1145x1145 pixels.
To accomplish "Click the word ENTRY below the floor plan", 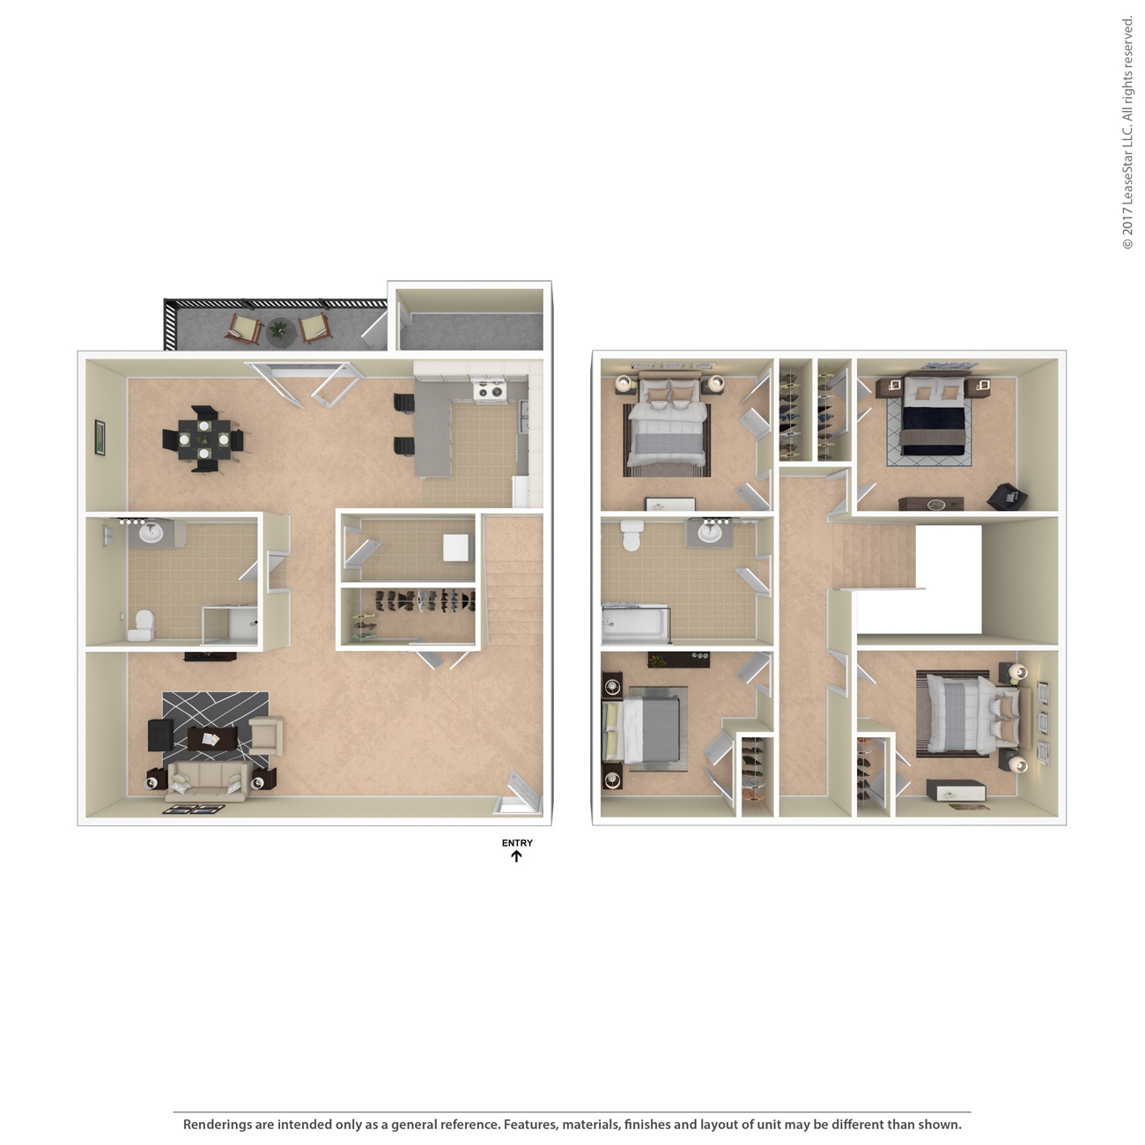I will click(x=517, y=843).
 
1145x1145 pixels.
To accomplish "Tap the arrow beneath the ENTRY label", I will click(x=517, y=855).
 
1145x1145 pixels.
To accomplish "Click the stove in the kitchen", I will click(x=488, y=389).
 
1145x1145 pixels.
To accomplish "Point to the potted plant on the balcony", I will click(x=278, y=329).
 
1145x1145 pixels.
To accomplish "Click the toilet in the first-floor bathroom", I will click(x=141, y=625).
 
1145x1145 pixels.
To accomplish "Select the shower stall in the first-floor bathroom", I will click(x=231, y=625).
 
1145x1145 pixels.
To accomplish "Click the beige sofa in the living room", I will click(x=206, y=779).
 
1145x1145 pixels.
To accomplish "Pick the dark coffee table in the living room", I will click(x=212, y=740).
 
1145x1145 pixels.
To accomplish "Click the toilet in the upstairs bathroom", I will click(x=632, y=535).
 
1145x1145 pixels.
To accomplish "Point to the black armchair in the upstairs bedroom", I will click(x=1004, y=497).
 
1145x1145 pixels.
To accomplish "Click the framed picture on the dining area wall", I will click(x=100, y=437).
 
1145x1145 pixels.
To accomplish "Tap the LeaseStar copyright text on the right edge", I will click(x=1127, y=132).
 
